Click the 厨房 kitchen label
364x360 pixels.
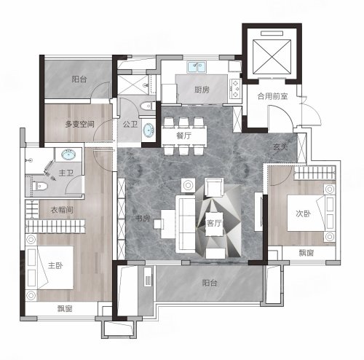point(202,90)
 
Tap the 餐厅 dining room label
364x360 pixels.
point(184,136)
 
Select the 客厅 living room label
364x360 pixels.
point(214,223)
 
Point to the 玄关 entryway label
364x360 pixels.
point(280,146)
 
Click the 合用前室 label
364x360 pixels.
point(273,96)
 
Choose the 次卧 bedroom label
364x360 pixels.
point(304,214)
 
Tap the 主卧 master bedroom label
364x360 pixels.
point(55,265)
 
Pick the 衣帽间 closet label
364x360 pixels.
point(62,210)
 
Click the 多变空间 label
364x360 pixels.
point(79,125)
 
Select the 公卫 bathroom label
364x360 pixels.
point(130,125)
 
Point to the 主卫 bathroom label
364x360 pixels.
point(66,173)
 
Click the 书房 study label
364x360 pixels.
point(143,219)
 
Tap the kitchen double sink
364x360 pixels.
point(197,66)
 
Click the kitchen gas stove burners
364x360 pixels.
point(235,89)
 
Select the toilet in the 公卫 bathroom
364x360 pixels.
point(149,106)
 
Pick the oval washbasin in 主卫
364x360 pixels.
point(68,154)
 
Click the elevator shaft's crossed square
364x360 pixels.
point(272,57)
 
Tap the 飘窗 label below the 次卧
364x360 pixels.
point(306,253)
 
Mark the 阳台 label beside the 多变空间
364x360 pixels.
point(79,79)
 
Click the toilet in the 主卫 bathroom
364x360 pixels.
point(41,187)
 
